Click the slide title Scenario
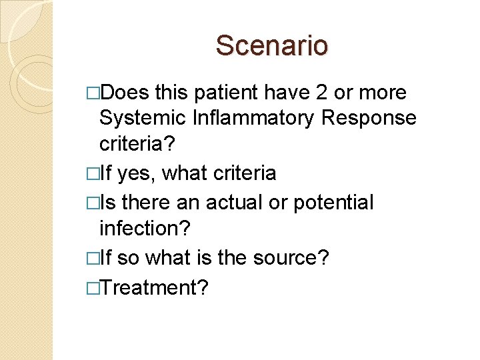click(x=272, y=46)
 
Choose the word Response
click(x=369, y=118)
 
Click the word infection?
click(x=145, y=228)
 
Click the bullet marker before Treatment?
click(x=91, y=288)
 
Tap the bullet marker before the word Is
click(x=91, y=202)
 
